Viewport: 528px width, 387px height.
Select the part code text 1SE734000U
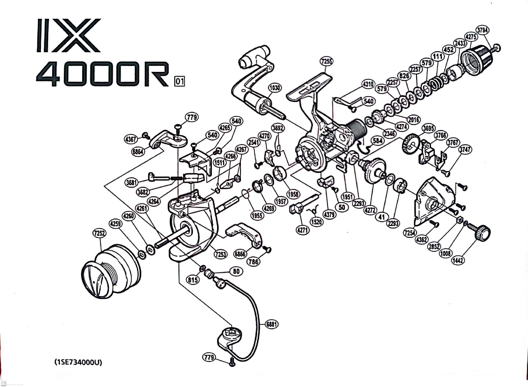[x=78, y=362]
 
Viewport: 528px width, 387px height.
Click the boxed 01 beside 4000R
[x=180, y=81]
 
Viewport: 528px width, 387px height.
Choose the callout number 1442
[x=458, y=260]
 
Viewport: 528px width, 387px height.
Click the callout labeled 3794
[x=482, y=30]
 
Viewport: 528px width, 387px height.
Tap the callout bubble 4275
[x=471, y=37]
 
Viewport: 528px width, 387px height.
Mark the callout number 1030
[x=275, y=87]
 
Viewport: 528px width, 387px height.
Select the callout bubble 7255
[x=326, y=61]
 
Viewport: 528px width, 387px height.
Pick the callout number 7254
[x=410, y=233]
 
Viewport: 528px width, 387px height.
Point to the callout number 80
[x=236, y=271]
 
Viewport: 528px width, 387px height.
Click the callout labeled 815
[x=193, y=280]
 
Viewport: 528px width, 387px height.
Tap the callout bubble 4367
[x=130, y=139]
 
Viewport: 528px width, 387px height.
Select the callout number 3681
[x=132, y=182]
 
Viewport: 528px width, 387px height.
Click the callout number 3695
[x=428, y=128]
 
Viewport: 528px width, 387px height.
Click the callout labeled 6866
[x=240, y=254]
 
